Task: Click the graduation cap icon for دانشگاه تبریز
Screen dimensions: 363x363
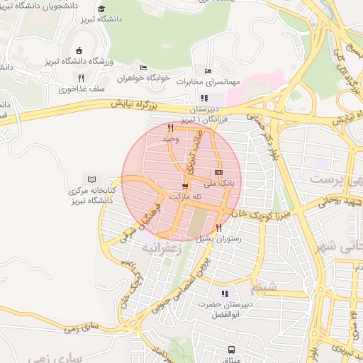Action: pos(101,9)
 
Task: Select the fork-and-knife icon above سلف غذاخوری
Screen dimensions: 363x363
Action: pos(81,79)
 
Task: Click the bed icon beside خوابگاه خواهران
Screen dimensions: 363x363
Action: pos(144,68)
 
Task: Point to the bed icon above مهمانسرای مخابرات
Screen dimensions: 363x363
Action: pos(208,71)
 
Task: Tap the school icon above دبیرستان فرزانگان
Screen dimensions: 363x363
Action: pos(205,99)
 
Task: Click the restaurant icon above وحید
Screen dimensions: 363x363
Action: pos(170,128)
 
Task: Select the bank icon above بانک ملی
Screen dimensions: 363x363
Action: pos(218,172)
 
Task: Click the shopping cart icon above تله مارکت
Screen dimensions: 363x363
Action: pos(185,186)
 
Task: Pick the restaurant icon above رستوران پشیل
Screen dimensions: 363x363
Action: pos(218,228)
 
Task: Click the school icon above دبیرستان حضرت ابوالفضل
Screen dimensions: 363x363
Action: pos(225,294)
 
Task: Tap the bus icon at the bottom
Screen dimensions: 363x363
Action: pos(231,349)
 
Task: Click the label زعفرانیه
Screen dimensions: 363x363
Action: pos(162,248)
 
